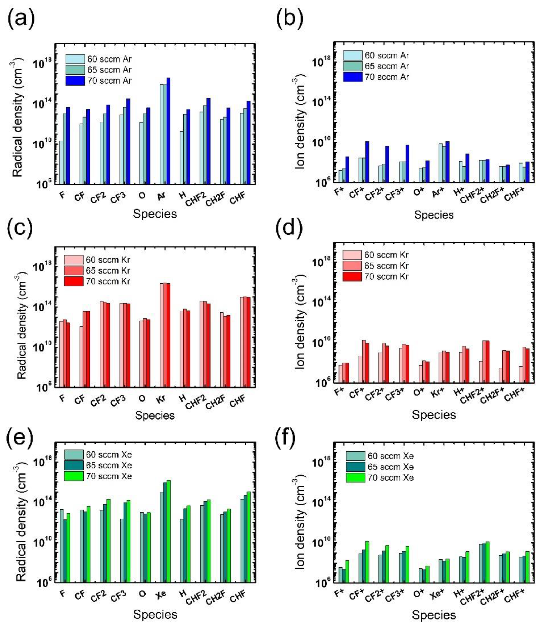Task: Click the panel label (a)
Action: point(21,19)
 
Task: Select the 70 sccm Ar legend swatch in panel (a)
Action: point(75,81)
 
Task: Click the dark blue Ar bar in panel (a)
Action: point(168,130)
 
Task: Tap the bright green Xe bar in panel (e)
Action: point(169,531)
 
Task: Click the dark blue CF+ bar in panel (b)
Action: point(367,162)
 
